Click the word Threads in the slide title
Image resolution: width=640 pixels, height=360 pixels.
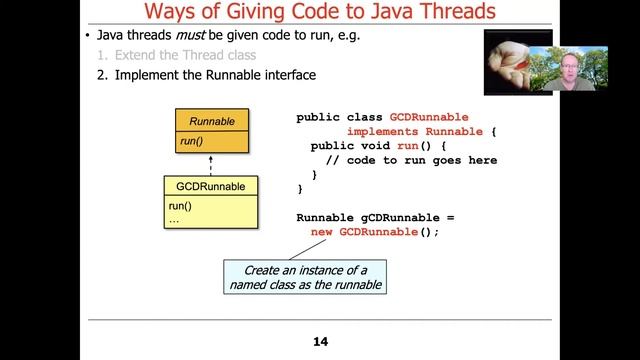[444, 13]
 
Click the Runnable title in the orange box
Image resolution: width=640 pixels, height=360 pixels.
[211, 122]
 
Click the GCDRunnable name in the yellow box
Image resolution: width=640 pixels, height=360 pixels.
[210, 186]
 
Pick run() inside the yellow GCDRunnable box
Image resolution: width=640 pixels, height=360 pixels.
[180, 207]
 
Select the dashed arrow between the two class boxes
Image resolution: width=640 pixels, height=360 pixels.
[211, 165]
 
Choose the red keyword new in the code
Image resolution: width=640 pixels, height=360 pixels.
[322, 232]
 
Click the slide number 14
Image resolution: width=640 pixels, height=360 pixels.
[320, 342]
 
